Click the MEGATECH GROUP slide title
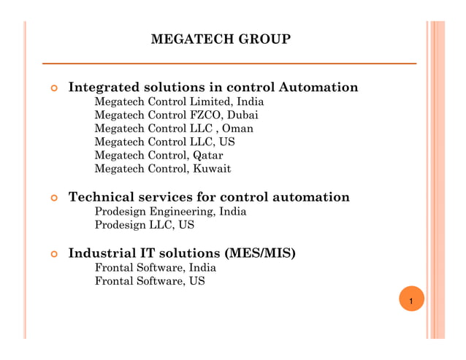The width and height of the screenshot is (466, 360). tap(220, 39)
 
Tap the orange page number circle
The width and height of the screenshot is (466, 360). tap(411, 301)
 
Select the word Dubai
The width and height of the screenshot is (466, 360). tap(243, 115)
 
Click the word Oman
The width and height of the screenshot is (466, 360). tap(237, 129)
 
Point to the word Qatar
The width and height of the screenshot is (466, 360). tap(207, 156)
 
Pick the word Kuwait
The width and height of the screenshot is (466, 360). tap(212, 169)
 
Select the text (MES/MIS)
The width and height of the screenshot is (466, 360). tap(262, 254)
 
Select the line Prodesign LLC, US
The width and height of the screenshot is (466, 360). tap(145, 225)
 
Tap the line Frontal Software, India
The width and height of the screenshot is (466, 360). tap(155, 268)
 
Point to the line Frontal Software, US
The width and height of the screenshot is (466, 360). tap(150, 281)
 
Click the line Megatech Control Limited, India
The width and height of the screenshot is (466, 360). tap(179, 102)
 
